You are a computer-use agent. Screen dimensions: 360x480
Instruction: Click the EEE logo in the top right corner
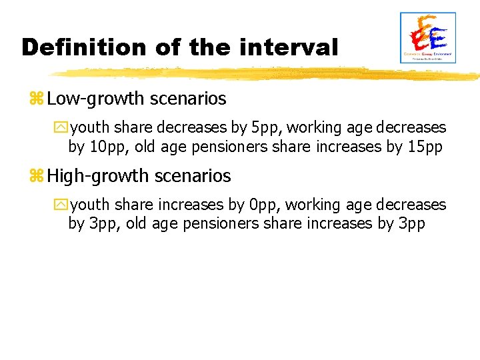click(427, 38)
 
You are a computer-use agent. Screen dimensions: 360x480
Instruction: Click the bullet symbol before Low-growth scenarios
click(36, 100)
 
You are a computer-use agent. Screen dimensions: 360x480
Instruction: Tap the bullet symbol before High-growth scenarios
click(36, 177)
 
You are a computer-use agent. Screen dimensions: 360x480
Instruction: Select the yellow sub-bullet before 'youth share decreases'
click(63, 128)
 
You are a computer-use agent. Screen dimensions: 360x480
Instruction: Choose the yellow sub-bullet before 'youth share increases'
click(63, 205)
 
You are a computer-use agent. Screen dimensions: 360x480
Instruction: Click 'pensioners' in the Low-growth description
click(225, 146)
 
